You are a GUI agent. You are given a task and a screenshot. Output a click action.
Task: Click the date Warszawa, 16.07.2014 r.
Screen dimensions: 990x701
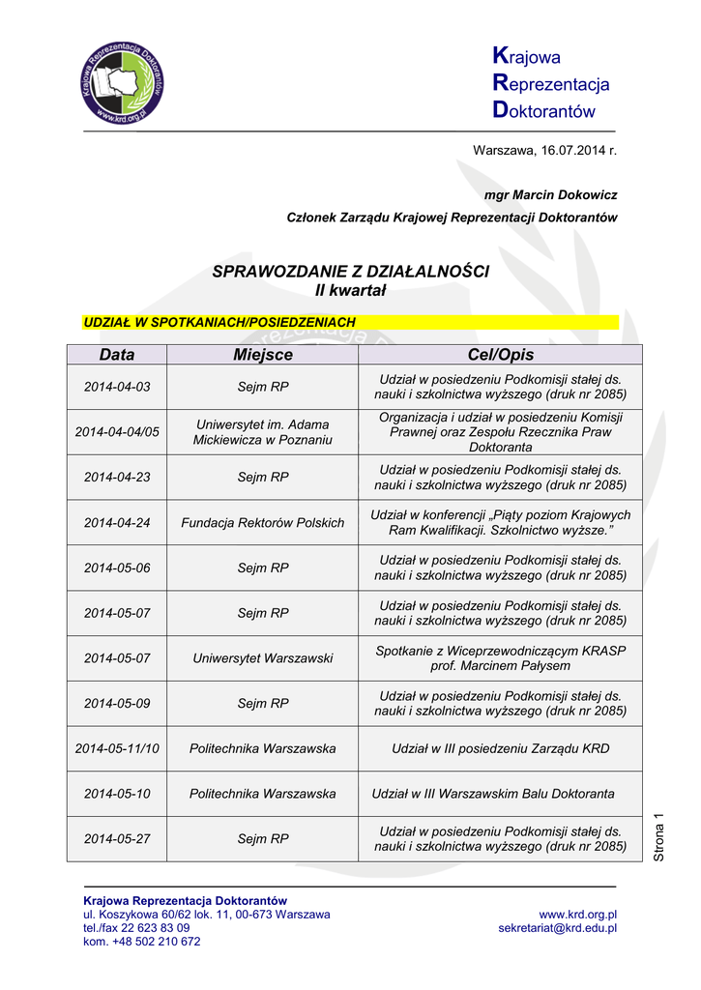(543, 150)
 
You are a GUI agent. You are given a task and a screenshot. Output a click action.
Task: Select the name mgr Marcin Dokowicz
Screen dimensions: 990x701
(550, 194)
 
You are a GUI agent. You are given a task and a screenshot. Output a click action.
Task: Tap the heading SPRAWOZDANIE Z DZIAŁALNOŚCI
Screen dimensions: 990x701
(350, 272)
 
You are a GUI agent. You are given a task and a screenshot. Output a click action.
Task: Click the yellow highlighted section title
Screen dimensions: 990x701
(219, 321)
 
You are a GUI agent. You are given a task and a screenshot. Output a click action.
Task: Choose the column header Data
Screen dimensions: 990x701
(117, 355)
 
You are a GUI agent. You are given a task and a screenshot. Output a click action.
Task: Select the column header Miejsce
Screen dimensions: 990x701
(262, 355)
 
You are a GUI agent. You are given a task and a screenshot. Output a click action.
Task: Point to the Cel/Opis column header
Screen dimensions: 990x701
(500, 355)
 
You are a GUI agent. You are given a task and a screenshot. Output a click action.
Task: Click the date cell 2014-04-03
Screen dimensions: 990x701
(117, 387)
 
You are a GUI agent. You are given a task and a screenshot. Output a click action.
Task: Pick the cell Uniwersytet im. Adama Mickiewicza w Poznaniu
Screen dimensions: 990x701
(262, 431)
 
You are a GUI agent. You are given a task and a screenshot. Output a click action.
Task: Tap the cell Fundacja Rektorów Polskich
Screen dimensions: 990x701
(262, 522)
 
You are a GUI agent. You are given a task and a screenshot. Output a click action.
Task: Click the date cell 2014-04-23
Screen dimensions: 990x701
(117, 477)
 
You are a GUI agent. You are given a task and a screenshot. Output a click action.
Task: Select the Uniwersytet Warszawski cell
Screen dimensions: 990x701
(262, 657)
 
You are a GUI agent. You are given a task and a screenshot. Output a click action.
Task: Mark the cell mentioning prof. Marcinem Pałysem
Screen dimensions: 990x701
(500, 657)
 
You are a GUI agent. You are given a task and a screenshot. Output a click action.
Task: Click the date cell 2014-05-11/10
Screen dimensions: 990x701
(117, 748)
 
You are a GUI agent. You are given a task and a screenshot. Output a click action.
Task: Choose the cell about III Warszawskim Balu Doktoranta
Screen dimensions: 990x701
(493, 794)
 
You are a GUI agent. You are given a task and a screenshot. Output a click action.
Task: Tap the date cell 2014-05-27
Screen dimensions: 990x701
(117, 838)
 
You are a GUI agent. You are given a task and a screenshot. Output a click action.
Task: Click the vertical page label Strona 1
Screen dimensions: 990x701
(659, 837)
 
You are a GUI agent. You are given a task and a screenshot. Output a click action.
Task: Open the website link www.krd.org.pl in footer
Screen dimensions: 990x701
(577, 914)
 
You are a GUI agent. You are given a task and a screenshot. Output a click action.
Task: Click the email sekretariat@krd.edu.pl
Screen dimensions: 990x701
(557, 928)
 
